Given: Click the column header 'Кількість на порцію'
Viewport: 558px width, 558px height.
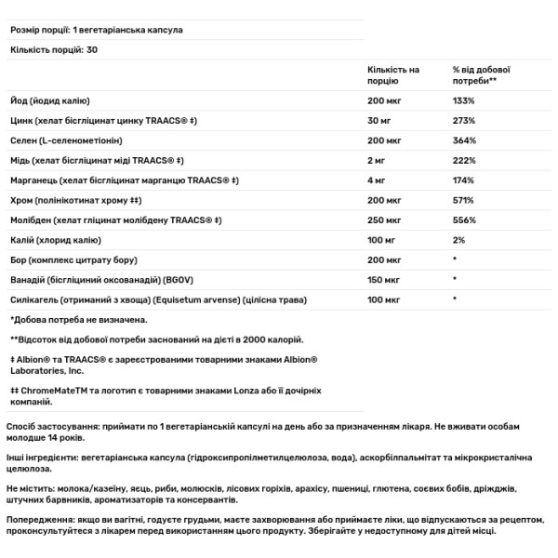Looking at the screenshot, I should [392, 75].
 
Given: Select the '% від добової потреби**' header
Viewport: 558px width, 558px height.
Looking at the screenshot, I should [481, 75].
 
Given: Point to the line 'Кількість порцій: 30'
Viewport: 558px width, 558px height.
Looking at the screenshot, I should [52, 49].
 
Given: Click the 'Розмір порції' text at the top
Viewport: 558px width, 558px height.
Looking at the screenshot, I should [39, 30].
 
